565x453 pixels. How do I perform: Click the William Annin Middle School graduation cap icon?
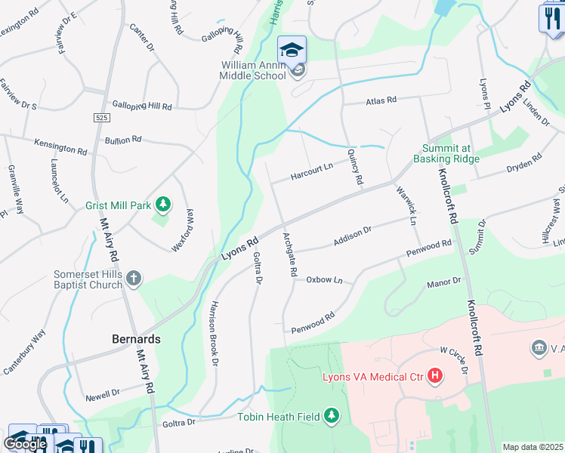[x=292, y=50]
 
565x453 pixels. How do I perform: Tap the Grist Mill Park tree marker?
[x=162, y=204]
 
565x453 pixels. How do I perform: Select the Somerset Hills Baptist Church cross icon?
[x=133, y=279]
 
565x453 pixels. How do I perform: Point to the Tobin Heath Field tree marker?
[x=331, y=415]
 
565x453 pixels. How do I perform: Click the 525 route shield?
[x=103, y=118]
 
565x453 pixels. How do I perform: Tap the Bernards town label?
[x=136, y=339]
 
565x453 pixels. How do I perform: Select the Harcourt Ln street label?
[x=313, y=171]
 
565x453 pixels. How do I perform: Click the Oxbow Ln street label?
[x=324, y=280]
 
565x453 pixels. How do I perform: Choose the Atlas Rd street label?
[x=381, y=100]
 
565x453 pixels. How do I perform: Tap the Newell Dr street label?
[x=103, y=394]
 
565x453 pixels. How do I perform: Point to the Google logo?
[x=25, y=445]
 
